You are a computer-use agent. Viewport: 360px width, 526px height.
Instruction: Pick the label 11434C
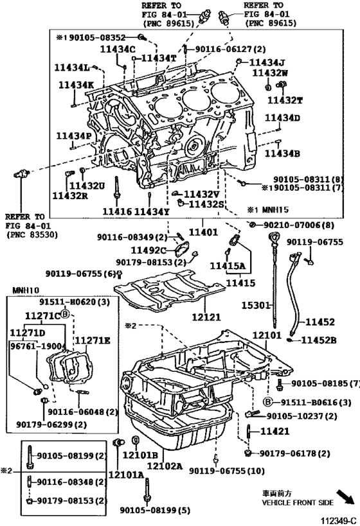[118, 49]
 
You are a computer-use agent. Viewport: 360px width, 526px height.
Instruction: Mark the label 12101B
[136, 455]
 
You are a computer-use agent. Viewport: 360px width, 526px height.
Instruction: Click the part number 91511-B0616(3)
[315, 402]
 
